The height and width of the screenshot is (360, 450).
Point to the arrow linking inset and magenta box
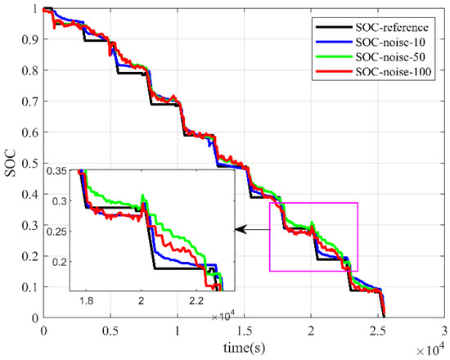point(252,231)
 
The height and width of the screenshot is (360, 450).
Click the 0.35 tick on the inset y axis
point(58,171)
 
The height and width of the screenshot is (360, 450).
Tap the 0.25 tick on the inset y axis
point(58,232)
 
